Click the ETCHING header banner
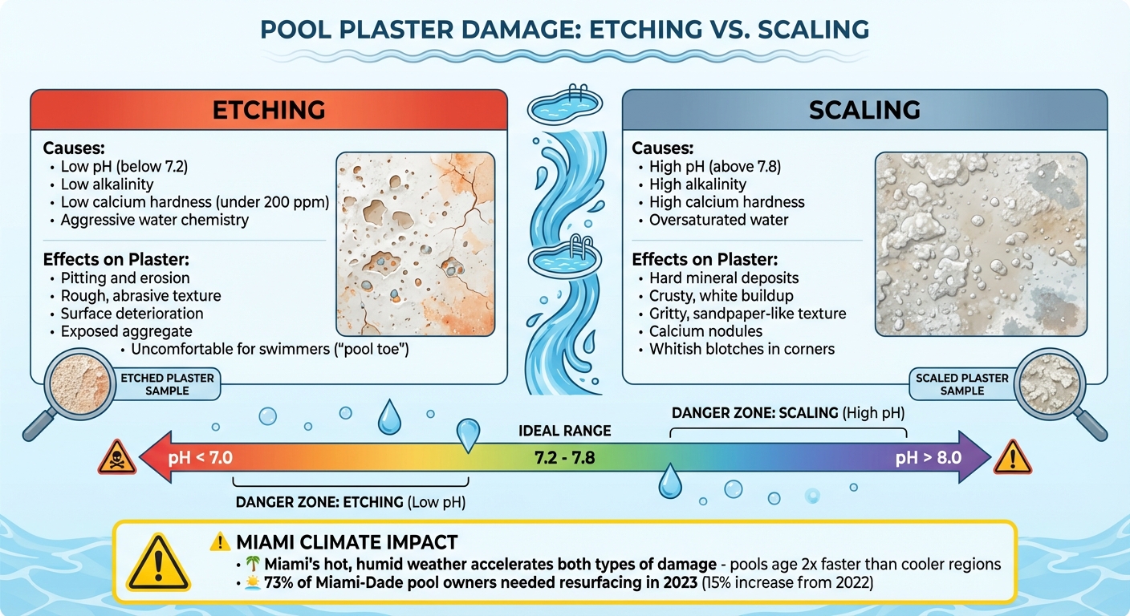pyautogui.click(x=268, y=110)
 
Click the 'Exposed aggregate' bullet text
pyautogui.click(x=126, y=330)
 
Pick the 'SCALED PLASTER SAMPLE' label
pyautogui.click(x=961, y=384)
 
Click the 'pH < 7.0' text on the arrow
pyautogui.click(x=200, y=459)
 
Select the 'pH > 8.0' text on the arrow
pyautogui.click(x=928, y=459)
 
